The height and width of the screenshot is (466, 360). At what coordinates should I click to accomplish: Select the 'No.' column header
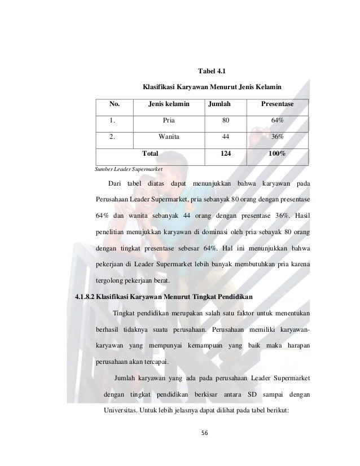(115, 104)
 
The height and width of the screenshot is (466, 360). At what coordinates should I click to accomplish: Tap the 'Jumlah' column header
(219, 104)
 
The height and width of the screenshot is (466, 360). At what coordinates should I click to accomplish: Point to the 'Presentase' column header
(276, 104)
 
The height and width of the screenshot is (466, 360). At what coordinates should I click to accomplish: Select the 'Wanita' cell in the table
(169, 137)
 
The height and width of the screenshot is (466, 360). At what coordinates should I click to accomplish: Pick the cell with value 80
(226, 120)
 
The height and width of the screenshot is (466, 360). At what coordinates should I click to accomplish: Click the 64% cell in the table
(276, 120)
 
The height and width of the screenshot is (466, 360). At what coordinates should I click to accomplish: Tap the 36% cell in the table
(276, 137)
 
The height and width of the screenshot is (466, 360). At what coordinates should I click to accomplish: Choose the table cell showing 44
(226, 137)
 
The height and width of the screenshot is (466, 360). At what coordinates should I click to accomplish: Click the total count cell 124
(226, 153)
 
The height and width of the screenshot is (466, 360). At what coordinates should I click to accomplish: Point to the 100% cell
(276, 153)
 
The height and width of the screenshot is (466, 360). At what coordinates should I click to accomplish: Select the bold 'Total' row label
(150, 153)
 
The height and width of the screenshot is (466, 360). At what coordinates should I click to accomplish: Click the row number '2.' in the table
(113, 137)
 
